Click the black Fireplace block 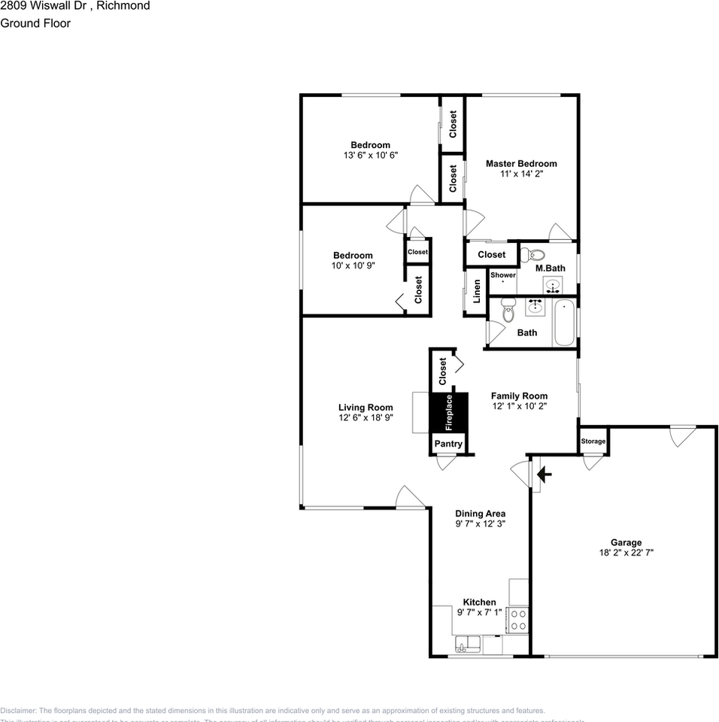point(449,412)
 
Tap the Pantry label point(448,444)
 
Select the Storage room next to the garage point(593,441)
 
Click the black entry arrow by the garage point(545,475)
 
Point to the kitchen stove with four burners point(518,620)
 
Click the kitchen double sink point(468,644)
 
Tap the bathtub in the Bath point(564,323)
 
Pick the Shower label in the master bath point(503,275)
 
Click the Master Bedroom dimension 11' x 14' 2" point(521,174)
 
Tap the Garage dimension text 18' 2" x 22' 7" point(626,553)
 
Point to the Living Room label point(366,408)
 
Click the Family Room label point(519,396)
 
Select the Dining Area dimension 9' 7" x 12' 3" point(480,523)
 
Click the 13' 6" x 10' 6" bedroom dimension point(370,155)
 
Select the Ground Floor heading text point(35,23)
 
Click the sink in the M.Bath point(553,286)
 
